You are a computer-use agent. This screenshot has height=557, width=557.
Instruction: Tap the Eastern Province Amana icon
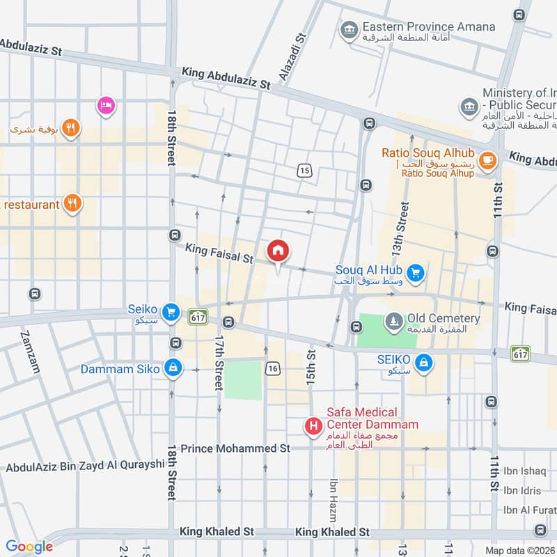pyautogui.click(x=347, y=29)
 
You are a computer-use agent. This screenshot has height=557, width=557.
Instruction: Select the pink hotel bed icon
pyautogui.click(x=106, y=105)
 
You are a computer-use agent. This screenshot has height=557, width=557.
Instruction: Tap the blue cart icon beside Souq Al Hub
pyautogui.click(x=416, y=273)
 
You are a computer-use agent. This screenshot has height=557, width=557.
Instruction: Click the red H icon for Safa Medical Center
pyautogui.click(x=314, y=425)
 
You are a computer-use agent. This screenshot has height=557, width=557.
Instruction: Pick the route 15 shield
pyautogui.click(x=304, y=171)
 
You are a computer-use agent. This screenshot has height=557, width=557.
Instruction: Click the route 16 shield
pyautogui.click(x=273, y=368)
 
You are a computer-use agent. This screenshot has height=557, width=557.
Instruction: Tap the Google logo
pyautogui.click(x=29, y=547)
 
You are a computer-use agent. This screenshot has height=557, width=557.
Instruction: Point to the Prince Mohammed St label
pyautogui.click(x=235, y=449)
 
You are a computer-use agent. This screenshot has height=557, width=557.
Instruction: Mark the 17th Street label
pyautogui.click(x=219, y=362)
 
